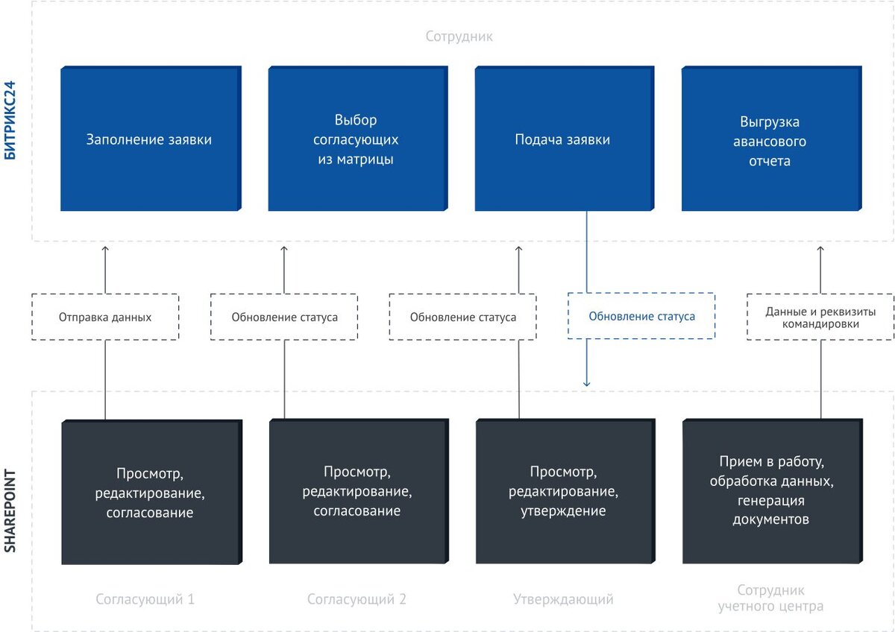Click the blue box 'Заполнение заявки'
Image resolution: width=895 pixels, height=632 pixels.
pos(151,138)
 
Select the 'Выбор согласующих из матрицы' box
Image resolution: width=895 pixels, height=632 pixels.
pos(358,138)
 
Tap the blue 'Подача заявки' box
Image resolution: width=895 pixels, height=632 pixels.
pos(565,138)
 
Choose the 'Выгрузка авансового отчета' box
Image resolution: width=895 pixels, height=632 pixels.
pos(771,138)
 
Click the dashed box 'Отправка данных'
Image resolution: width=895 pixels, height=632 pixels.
pos(105,317)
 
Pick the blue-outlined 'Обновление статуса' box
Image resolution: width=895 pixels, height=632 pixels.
pos(641,316)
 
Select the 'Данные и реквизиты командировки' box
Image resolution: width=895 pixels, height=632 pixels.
pos(820,317)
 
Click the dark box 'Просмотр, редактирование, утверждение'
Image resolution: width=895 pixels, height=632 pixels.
pos(565,491)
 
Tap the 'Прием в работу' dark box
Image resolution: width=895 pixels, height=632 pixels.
pos(773,491)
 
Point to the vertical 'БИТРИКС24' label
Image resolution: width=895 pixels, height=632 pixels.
pos(10,120)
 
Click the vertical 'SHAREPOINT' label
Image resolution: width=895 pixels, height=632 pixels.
pos(10,511)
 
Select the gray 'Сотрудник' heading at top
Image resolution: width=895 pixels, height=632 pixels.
pos(459,37)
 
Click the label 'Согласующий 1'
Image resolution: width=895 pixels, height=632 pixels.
pos(145,599)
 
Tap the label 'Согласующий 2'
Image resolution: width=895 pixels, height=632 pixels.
pos(357,599)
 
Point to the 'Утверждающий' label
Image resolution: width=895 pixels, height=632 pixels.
pos(563,599)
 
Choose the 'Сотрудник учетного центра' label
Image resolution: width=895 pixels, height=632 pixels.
pos(770,598)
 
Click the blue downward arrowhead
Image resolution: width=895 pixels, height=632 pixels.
pos(586,384)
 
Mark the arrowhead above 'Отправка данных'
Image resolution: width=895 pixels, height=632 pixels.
pos(105,249)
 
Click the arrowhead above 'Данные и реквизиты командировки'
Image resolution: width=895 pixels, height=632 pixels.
pos(820,249)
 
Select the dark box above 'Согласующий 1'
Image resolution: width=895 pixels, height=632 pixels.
pos(152,492)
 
